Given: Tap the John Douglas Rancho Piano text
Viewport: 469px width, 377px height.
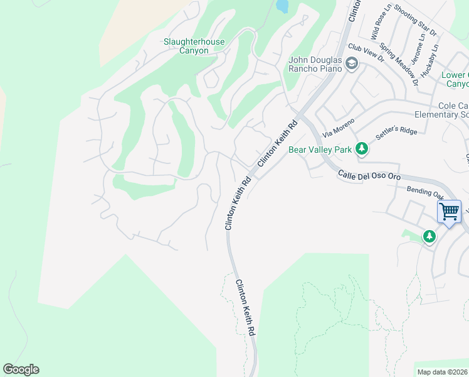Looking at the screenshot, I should click(x=315, y=64).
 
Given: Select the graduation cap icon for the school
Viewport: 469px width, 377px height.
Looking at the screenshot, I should click(x=352, y=63).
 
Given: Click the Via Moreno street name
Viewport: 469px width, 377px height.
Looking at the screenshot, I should click(x=339, y=126).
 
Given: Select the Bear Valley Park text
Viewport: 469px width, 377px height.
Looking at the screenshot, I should click(x=320, y=150).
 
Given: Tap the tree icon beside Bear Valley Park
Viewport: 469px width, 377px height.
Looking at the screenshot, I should click(x=361, y=149).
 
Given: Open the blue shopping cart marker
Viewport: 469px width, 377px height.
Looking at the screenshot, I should click(x=449, y=212).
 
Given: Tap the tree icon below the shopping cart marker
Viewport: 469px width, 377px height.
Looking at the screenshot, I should click(x=429, y=236).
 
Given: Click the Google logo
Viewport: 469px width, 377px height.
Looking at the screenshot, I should click(x=21, y=369).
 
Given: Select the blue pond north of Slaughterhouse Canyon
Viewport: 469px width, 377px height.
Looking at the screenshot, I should click(x=282, y=6).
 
